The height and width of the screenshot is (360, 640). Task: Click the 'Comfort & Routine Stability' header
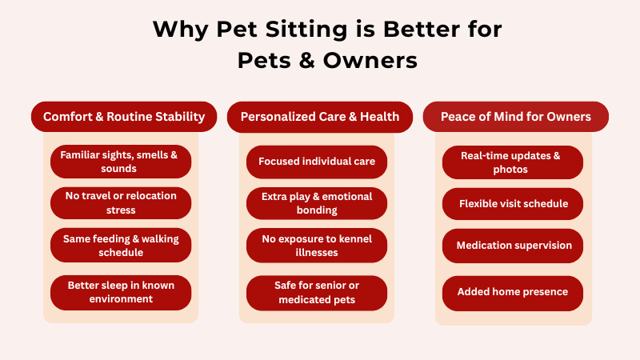tap(124, 117)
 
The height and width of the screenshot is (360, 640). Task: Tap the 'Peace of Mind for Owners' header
tap(515, 117)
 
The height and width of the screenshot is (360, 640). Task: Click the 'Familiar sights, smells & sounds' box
tap(121, 162)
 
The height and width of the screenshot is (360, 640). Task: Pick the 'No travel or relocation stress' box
tap(121, 203)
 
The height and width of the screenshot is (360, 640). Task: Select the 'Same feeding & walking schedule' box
tap(121, 245)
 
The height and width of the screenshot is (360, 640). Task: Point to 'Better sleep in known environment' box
tap(121, 292)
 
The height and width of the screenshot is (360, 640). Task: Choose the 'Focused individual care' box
tap(317, 162)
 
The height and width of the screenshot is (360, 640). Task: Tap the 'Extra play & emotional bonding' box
tap(317, 203)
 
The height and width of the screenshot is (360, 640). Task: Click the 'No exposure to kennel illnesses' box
tap(317, 245)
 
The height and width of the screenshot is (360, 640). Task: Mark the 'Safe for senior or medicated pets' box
tap(317, 292)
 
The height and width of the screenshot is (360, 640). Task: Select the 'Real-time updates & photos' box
tap(513, 162)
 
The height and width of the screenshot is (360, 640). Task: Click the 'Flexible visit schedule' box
tap(513, 203)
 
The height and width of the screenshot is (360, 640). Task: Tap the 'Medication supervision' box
tap(513, 245)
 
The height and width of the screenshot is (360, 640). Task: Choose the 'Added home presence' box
tap(513, 292)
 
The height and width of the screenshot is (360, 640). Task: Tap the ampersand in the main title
tap(302, 60)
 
